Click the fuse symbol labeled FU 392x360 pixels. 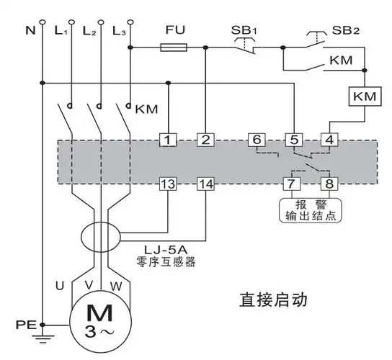tap(173, 48)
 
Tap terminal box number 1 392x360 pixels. tap(168, 140)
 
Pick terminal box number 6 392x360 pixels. tap(256, 140)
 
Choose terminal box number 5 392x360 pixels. tap(293, 140)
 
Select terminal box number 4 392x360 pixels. tap(329, 140)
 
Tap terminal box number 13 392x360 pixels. tap(168, 184)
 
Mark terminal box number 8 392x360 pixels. tap(329, 184)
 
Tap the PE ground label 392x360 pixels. tap(24, 325)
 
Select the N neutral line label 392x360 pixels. tap(30, 32)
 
